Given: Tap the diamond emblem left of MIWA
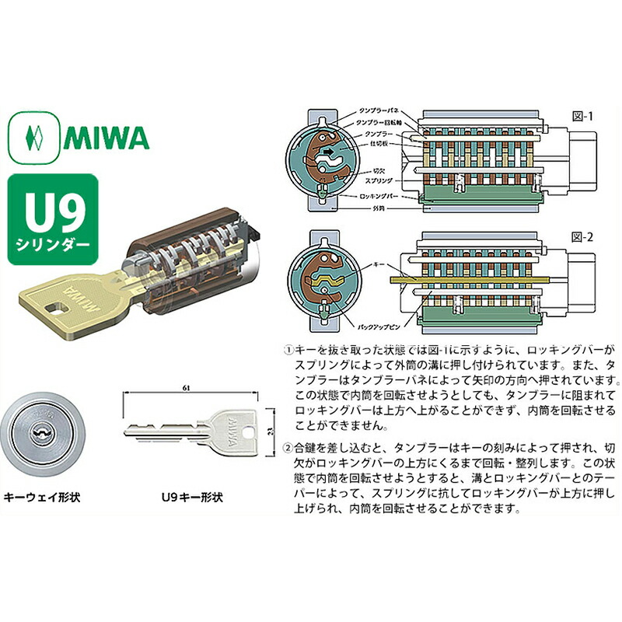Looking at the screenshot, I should (x=33, y=138).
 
